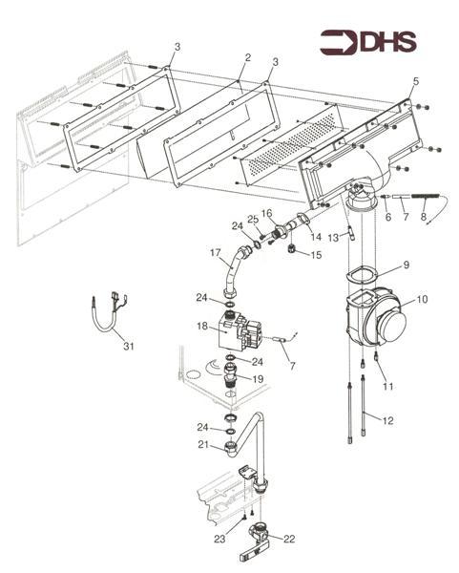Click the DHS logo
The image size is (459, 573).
click(x=368, y=42)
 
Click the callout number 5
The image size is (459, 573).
click(x=416, y=82)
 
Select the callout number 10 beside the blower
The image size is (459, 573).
click(x=422, y=299)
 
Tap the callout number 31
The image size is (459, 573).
click(x=129, y=346)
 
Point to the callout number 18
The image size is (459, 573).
click(x=202, y=326)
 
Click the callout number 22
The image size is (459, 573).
click(x=289, y=539)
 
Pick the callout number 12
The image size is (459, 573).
click(x=387, y=421)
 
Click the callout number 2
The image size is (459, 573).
click(x=248, y=57)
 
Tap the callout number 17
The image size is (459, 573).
click(x=216, y=252)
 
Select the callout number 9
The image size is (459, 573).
click(x=407, y=265)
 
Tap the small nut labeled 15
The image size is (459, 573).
click(x=292, y=248)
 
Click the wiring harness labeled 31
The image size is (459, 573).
click(x=109, y=313)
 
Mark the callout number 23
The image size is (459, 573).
click(x=219, y=539)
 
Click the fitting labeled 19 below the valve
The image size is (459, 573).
click(x=231, y=375)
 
